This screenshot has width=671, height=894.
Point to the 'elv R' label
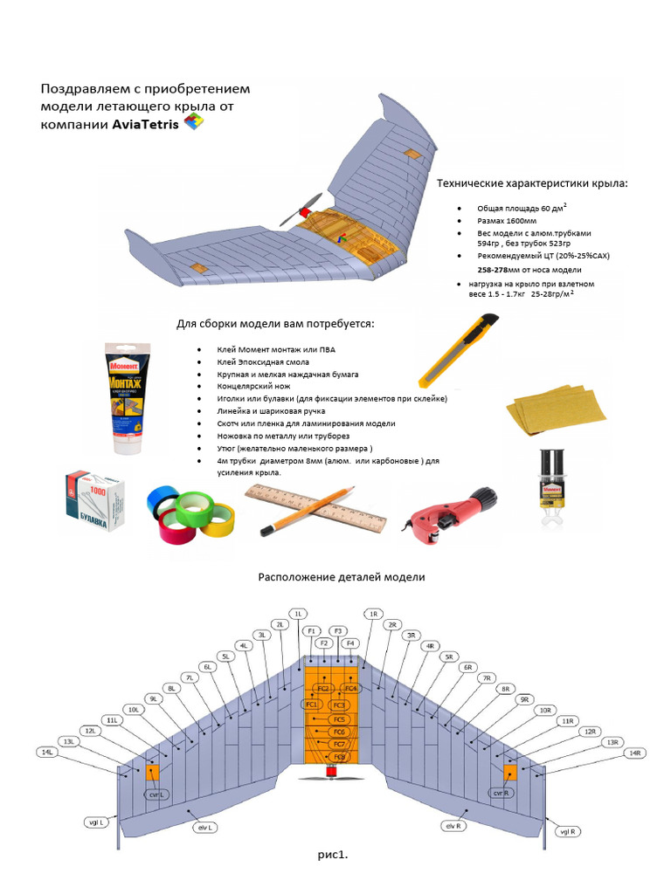pos(453,824)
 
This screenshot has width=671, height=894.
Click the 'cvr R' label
pos(499,793)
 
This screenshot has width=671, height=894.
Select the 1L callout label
pos(298,614)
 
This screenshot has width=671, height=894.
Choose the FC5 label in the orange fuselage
pos(340,719)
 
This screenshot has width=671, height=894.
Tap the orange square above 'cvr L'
pos(154,771)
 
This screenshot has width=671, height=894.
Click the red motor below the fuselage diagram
pos(331,771)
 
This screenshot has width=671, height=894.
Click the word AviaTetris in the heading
pos(145,125)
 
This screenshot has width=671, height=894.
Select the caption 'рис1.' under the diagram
pos(333,855)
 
